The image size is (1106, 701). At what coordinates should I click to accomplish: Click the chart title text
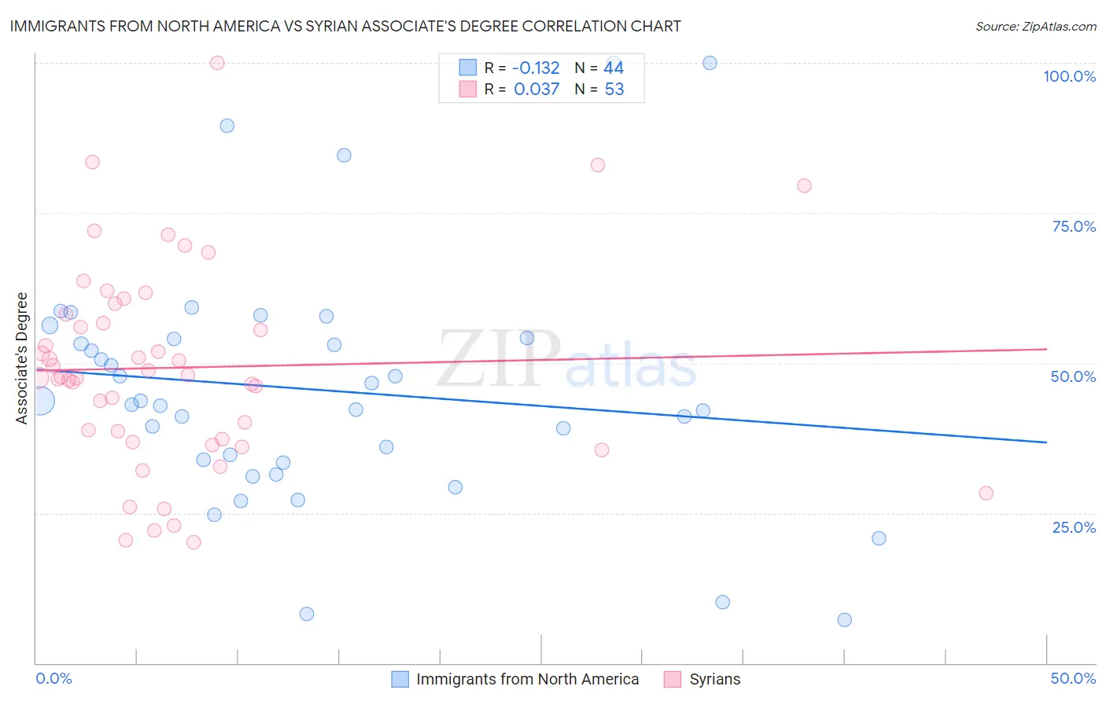click(345, 26)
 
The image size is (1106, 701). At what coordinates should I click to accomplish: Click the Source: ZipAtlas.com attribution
click(1035, 26)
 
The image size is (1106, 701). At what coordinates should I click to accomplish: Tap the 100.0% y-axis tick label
click(1069, 76)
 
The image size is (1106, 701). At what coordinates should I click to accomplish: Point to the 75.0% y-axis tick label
click(1074, 226)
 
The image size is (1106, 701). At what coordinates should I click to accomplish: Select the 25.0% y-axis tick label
click(1074, 527)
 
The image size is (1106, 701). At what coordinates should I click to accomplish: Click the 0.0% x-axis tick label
click(53, 678)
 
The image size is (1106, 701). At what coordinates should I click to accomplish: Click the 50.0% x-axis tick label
click(1073, 678)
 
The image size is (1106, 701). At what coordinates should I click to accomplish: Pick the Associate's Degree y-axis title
click(22, 358)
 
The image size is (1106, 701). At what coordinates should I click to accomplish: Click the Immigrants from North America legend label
click(527, 679)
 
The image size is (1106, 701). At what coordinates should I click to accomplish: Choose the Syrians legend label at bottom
click(715, 679)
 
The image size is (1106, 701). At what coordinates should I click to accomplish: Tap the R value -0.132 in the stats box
click(536, 68)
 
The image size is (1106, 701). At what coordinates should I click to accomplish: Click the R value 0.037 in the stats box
click(536, 90)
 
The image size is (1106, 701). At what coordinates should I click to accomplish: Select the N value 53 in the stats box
click(614, 90)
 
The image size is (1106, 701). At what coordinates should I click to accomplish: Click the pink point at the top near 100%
click(217, 63)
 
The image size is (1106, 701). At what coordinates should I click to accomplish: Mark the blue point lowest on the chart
click(844, 620)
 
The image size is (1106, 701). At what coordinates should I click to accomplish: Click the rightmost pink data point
click(986, 494)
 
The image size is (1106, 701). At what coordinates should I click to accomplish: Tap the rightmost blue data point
click(879, 538)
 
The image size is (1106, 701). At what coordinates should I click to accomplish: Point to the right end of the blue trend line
click(1046, 442)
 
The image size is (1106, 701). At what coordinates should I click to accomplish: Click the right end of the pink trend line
click(1046, 349)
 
